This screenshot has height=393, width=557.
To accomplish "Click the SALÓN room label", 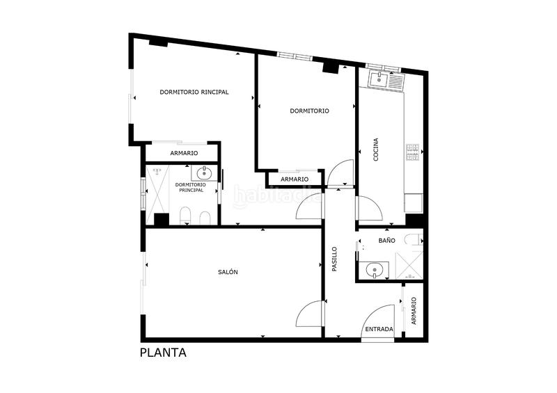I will (x=228, y=272).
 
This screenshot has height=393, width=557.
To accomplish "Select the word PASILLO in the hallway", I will (x=334, y=259).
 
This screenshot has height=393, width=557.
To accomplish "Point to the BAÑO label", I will (x=386, y=240).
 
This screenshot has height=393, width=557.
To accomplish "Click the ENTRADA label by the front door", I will (x=379, y=329).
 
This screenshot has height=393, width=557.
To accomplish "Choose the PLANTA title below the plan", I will (x=163, y=353).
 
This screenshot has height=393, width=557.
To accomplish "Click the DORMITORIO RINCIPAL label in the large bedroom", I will (x=194, y=92).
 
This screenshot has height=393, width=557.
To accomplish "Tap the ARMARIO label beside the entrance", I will (x=414, y=312).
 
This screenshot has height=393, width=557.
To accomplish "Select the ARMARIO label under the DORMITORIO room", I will (x=295, y=179).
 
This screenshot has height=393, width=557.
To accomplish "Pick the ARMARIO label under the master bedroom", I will (x=184, y=153).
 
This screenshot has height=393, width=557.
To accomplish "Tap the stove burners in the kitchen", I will (x=413, y=152).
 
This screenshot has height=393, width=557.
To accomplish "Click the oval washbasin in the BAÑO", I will (x=376, y=270).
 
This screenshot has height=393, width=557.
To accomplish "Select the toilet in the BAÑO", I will (x=416, y=240).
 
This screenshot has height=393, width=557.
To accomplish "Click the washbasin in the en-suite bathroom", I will (x=205, y=173).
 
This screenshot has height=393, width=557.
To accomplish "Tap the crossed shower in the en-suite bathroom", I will (x=157, y=190).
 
